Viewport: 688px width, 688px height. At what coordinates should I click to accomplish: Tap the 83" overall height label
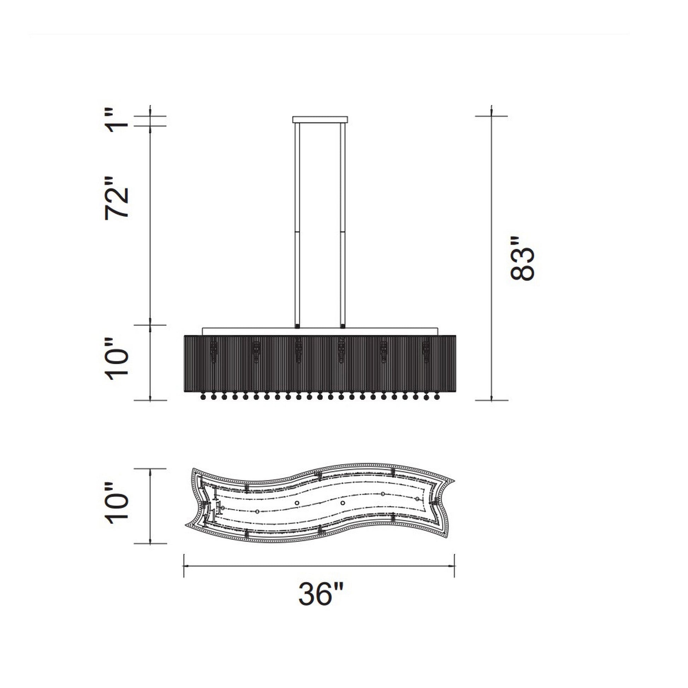pos(523,258)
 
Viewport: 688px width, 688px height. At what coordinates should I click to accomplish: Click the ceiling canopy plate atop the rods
pos(320,119)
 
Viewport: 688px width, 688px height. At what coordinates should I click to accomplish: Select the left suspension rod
pos(297,225)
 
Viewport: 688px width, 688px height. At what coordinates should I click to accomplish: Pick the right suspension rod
pos(343,225)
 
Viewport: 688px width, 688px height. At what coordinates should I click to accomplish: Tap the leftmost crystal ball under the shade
pos(203,396)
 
